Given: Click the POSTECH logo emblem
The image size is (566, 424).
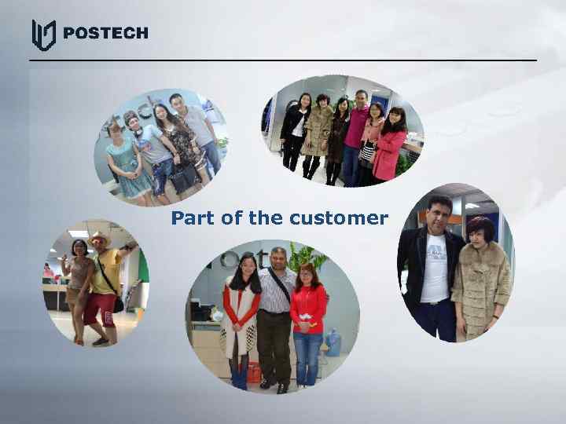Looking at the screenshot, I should tap(43, 34).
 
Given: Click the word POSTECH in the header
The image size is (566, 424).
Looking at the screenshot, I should tap(105, 33).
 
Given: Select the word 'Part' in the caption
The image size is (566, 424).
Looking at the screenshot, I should tap(193, 218).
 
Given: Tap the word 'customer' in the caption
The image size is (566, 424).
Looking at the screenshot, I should tap(339, 218).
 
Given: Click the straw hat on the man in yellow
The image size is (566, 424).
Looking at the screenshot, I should tap(100, 238).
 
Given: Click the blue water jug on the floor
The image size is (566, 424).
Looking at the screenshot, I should tap(331, 343).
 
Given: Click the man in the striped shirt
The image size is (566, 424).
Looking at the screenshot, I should tap(276, 314).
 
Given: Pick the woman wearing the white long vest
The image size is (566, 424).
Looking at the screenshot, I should tap(241, 314).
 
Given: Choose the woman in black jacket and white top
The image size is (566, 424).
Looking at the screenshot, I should tap(295, 130).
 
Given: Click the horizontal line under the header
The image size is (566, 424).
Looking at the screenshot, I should tap(283, 60).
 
